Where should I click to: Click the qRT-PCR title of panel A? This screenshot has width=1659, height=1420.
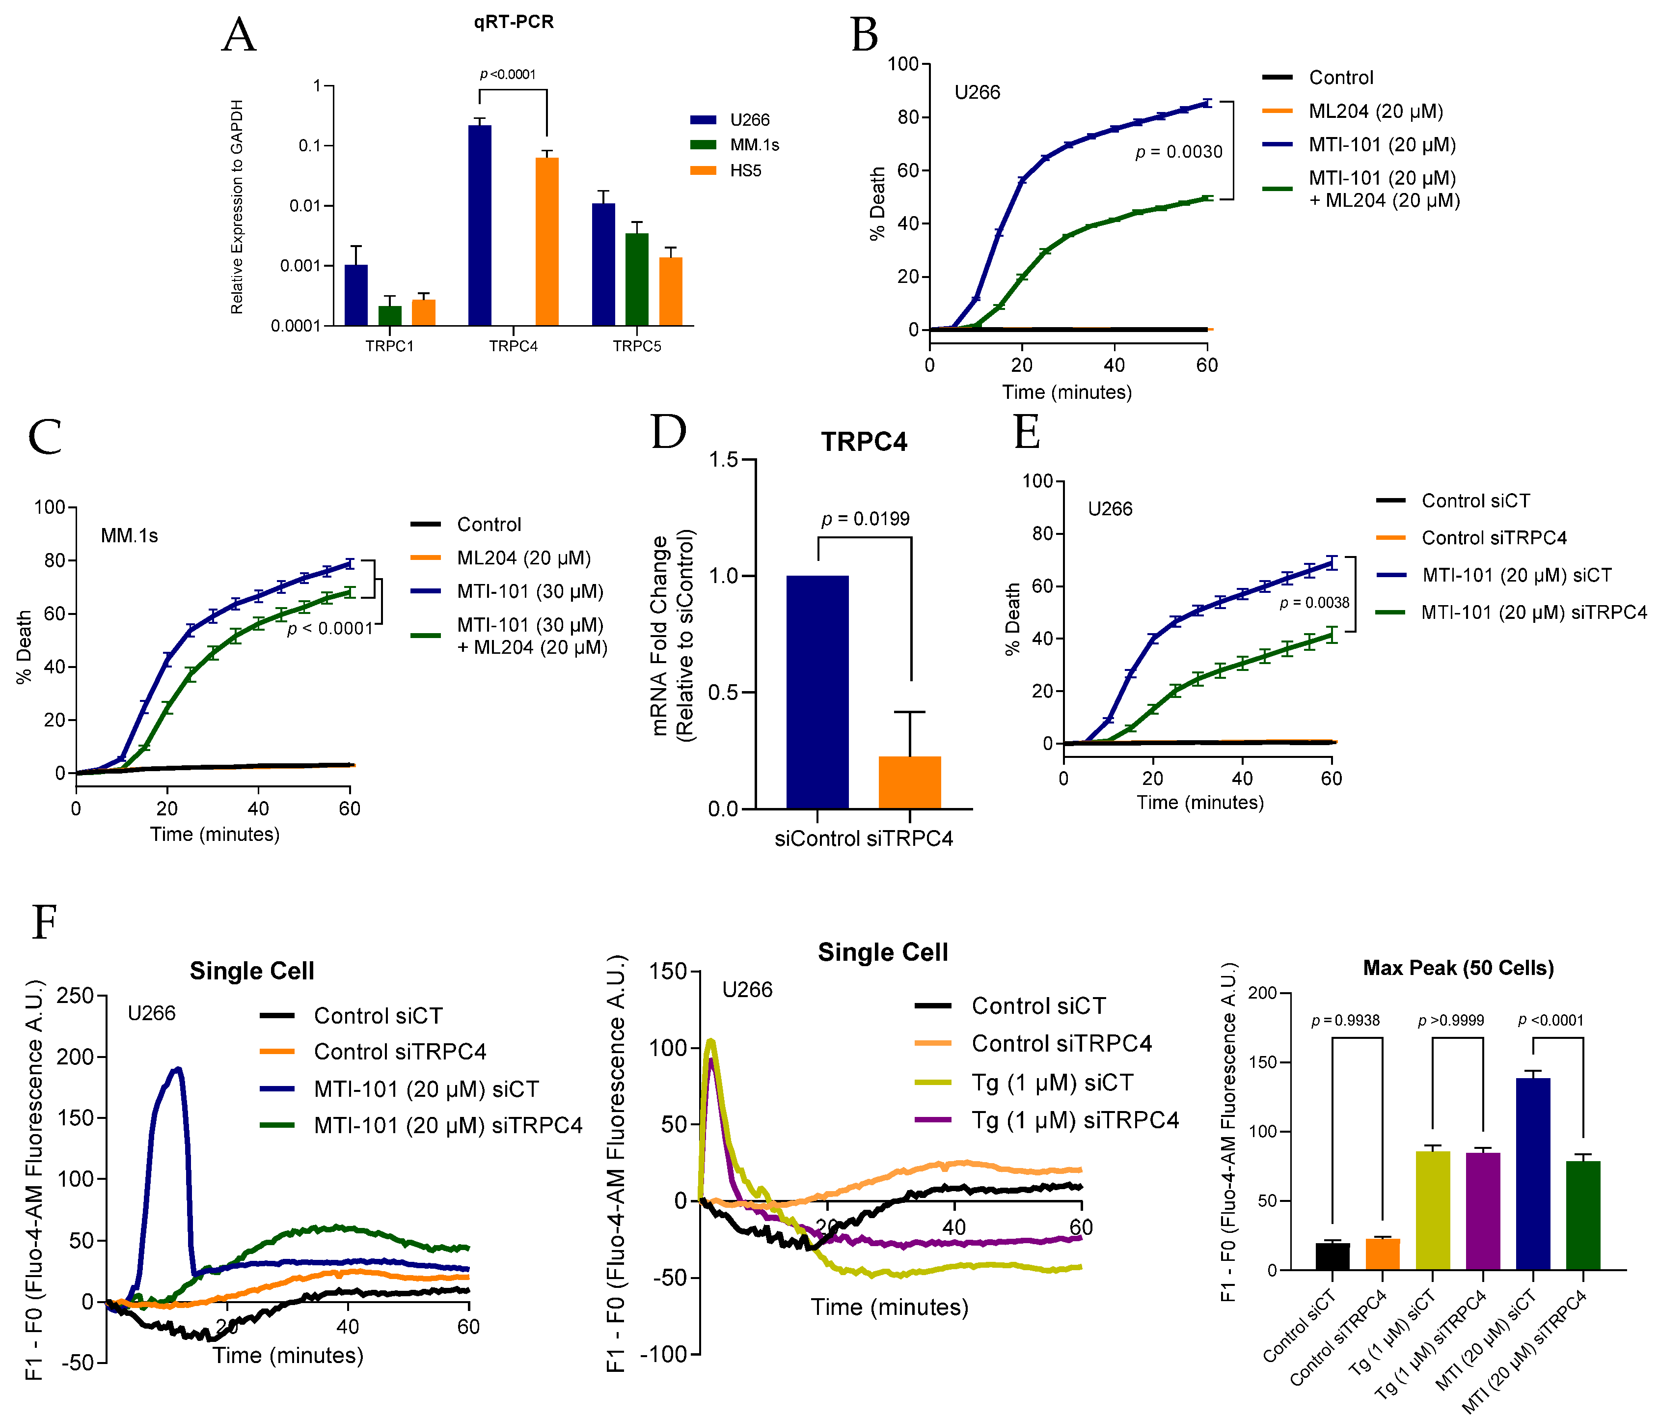click(x=513, y=22)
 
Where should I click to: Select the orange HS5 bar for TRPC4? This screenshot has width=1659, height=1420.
click(x=547, y=241)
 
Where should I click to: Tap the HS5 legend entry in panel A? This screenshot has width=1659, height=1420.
click(x=745, y=170)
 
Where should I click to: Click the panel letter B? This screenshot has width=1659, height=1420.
click(x=864, y=36)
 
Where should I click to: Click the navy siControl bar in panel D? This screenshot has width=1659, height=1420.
click(x=817, y=692)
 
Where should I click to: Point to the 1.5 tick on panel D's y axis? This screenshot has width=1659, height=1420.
click(x=723, y=460)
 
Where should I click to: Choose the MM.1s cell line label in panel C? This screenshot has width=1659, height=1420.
click(x=129, y=536)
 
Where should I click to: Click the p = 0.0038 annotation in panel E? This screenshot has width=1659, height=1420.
click(x=1314, y=603)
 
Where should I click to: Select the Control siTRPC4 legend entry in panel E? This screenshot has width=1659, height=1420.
click(x=1493, y=537)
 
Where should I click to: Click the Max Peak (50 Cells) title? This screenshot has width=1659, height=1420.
click(x=1458, y=968)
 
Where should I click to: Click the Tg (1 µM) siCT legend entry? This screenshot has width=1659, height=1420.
click(x=1051, y=1083)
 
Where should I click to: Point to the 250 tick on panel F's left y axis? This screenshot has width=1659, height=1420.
click(x=77, y=996)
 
